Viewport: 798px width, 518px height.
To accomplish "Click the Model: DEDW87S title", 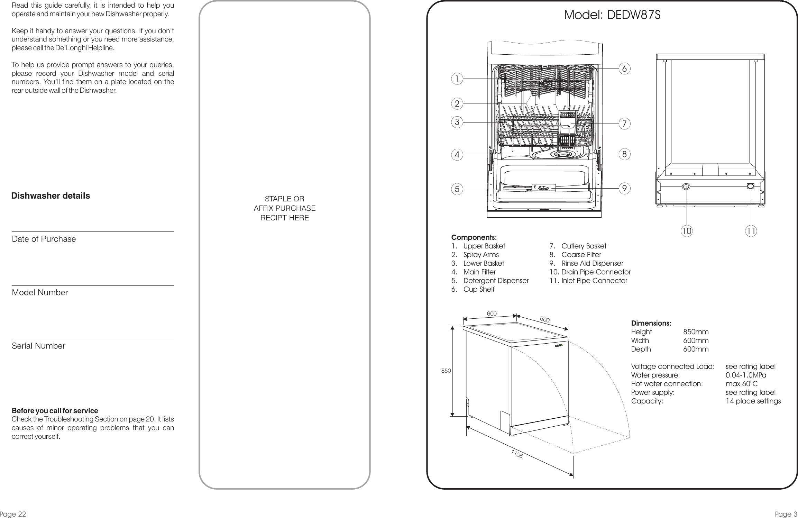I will pos(612,15).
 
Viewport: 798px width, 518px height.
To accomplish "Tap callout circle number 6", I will pos(624,69).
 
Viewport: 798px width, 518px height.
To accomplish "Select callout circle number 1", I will pos(457,79).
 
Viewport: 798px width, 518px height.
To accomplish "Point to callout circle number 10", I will pos(686,231).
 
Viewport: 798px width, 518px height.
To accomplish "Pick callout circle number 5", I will pos(457,189).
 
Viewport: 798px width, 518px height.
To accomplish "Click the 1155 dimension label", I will pos(517,454).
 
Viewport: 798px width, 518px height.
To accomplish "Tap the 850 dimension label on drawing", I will pos(446,371).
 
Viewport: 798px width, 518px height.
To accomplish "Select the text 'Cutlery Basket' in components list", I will pos(584,246).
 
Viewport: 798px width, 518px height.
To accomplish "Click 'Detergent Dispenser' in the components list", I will pos(496,281).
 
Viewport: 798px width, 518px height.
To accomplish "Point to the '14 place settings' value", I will pos(753,401).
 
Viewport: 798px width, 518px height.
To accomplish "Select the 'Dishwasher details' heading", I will pos(51,196).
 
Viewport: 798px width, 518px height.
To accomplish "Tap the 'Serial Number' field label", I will pos(38,346).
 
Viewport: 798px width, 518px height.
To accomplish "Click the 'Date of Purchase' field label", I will pos(44,239).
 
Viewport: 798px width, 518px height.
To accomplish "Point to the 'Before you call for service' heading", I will pos(55,411).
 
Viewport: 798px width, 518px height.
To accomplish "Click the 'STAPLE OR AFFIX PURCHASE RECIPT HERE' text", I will pos(284,208).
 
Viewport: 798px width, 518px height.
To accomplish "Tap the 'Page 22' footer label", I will pos(13,514).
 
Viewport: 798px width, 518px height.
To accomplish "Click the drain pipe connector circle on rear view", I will pos(686,187).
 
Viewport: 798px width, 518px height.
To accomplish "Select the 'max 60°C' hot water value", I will pos(741,384).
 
